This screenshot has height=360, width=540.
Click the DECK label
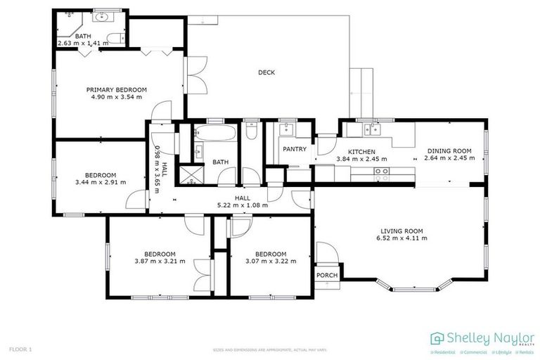click(266, 72)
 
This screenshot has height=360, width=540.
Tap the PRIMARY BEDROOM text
click(117, 89)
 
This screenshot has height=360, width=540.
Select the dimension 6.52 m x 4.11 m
click(401, 238)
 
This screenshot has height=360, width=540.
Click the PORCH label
click(327, 275)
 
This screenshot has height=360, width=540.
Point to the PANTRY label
click(292, 149)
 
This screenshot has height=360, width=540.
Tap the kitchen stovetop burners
click(382, 175)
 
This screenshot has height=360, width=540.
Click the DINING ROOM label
click(449, 151)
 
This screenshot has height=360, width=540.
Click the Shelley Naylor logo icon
click(437, 337)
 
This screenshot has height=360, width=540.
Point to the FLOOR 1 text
click(21, 349)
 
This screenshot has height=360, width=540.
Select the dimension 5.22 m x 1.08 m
click(243, 205)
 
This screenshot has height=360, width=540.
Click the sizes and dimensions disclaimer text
click(270, 349)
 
